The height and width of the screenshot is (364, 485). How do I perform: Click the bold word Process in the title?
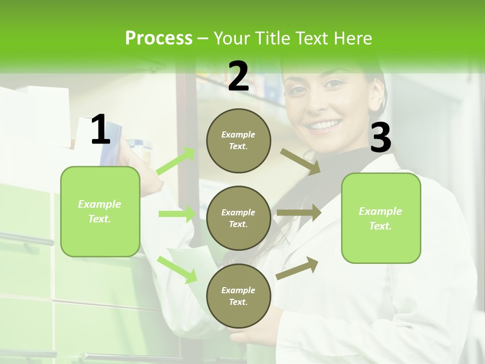point(159,38)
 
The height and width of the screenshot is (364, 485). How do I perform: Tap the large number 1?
point(101,129)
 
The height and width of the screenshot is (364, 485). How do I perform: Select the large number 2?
point(238,76)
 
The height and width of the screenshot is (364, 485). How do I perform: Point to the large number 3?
point(380,138)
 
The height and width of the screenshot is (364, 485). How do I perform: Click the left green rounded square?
point(100,211)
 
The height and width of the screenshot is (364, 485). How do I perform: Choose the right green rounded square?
point(381,218)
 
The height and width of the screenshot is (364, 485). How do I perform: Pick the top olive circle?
point(238,141)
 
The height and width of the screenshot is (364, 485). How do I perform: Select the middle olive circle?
point(238,218)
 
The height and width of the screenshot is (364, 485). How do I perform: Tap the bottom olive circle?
point(238,296)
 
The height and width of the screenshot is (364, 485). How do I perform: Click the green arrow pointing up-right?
point(176,161)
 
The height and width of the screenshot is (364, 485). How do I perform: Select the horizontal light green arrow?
point(177,214)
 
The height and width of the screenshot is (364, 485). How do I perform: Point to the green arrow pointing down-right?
point(177,269)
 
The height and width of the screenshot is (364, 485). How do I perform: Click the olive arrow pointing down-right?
point(301,161)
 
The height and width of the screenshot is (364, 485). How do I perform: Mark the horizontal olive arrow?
point(299,213)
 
